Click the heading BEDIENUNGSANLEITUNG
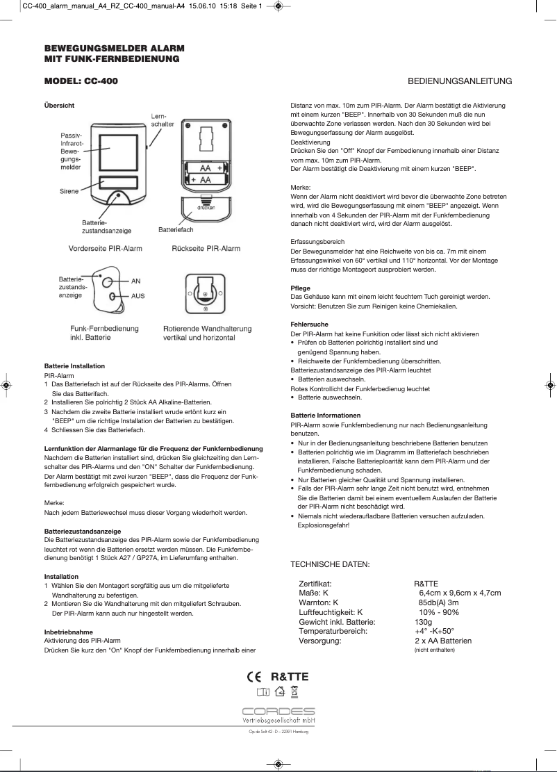[460, 81]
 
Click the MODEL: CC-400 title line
[81, 81]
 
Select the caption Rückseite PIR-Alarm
[206, 248]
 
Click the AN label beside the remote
[135, 281]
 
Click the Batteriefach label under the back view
[176, 229]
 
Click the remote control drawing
[106, 288]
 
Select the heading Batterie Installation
[74, 366]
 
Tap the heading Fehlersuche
[309, 325]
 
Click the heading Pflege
[300, 288]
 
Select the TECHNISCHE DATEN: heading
[330, 564]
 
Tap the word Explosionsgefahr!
[324, 525]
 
